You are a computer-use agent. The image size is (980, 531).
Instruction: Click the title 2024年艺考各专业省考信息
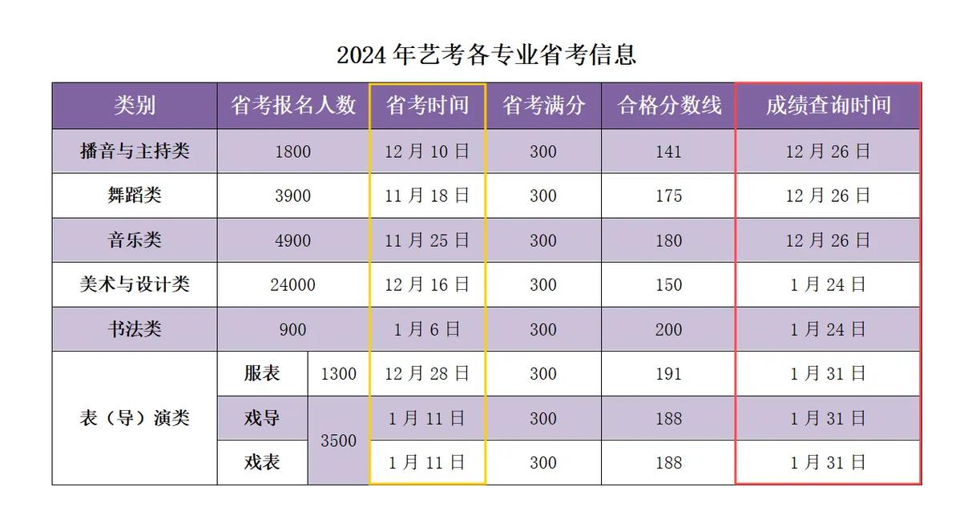[x=486, y=55]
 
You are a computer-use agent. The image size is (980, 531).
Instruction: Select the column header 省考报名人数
[x=293, y=106]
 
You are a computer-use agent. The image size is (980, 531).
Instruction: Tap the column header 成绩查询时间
[x=828, y=106]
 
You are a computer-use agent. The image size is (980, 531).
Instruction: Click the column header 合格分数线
[x=669, y=106]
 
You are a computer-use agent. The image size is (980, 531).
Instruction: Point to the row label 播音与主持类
[x=135, y=151]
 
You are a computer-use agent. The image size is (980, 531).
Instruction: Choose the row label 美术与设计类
[x=135, y=284]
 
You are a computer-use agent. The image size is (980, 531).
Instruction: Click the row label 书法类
[x=135, y=329]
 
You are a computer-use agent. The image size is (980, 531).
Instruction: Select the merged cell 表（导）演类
[x=135, y=418]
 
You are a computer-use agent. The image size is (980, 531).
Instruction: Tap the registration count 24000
[x=293, y=285]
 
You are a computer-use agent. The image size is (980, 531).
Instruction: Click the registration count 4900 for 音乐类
[x=293, y=240]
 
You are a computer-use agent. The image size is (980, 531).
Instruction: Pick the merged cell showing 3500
[x=338, y=441]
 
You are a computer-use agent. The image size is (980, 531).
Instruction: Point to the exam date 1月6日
[x=427, y=329]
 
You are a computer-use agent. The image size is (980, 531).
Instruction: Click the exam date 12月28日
[x=427, y=374]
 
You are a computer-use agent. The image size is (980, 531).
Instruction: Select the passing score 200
[x=669, y=329]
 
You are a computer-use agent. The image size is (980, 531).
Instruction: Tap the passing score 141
[x=669, y=151]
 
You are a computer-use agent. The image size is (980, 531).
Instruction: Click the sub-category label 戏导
[x=262, y=418]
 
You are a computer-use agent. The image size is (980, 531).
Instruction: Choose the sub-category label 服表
[x=262, y=374]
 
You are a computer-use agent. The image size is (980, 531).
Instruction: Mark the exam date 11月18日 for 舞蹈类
[x=427, y=196]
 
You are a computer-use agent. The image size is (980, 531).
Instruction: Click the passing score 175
[x=669, y=196]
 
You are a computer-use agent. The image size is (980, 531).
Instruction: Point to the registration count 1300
[x=338, y=374]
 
